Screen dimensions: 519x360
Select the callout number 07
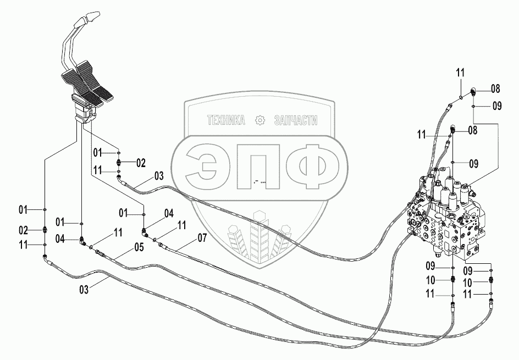click(202, 239)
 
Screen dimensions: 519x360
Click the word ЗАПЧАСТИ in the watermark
click(295, 120)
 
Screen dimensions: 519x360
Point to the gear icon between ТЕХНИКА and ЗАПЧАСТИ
click(260, 120)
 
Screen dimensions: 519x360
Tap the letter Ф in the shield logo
click(311, 164)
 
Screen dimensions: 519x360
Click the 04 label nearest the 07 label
click(168, 213)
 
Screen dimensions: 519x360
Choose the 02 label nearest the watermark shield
click(141, 163)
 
